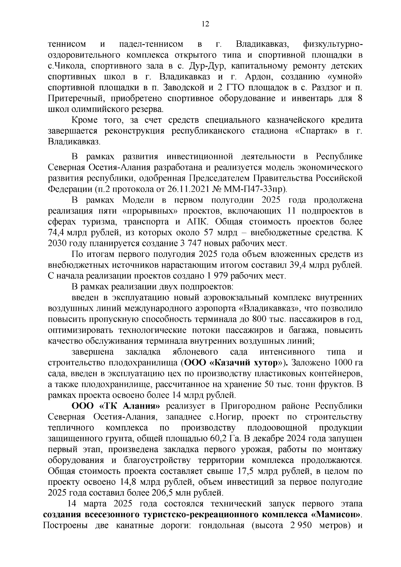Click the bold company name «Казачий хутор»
point(247,363)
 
